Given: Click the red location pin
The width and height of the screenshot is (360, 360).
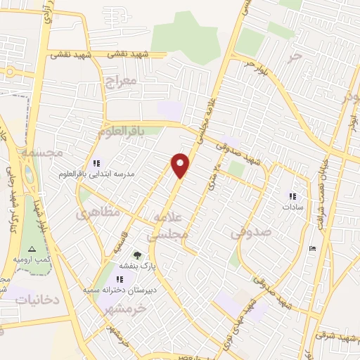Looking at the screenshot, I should pyautogui.click(x=181, y=165).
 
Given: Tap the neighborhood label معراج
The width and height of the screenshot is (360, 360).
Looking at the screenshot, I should pyautogui.click(x=120, y=82).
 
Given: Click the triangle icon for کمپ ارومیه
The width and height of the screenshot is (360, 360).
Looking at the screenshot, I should pyautogui.click(x=30, y=249).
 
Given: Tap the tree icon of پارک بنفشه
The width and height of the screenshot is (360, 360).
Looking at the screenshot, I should pyautogui.click(x=136, y=255).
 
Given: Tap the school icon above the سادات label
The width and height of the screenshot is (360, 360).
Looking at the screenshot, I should pyautogui.click(x=292, y=196).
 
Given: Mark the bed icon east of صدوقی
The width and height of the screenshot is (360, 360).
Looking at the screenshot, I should pyautogui.click(x=312, y=249).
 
